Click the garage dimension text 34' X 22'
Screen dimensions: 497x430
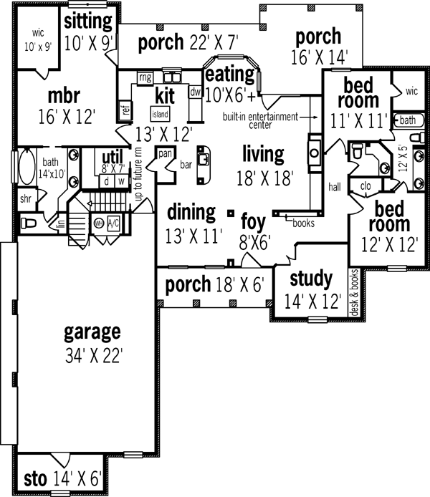(92, 354)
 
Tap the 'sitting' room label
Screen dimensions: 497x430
(89, 19)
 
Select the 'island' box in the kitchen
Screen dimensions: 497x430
(159, 114)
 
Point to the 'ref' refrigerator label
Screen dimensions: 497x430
(125, 110)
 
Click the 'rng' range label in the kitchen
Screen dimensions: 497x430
(145, 77)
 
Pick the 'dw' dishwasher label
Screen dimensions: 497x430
(195, 92)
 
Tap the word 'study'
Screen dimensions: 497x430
(311, 278)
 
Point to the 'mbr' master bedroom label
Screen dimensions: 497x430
(64, 95)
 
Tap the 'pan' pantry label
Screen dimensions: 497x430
(164, 153)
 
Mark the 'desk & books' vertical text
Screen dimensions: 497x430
(353, 292)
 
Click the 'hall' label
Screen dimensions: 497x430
(334, 187)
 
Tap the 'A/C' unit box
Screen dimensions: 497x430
(113, 223)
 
